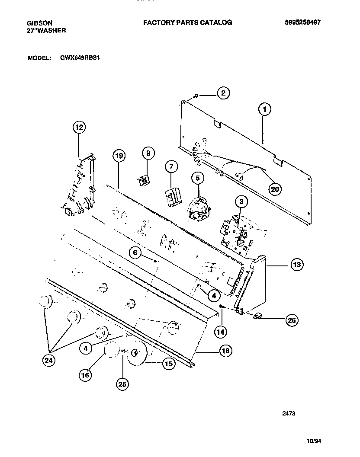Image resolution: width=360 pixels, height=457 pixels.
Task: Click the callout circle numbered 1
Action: pyautogui.click(x=265, y=110)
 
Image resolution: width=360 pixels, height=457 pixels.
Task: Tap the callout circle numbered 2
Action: pyautogui.click(x=223, y=93)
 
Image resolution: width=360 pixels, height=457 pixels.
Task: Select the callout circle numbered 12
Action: pyautogui.click(x=79, y=127)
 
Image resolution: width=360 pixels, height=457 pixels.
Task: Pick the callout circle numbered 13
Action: pyautogui.click(x=296, y=264)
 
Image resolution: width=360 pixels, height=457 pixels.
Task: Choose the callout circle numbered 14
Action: pyautogui.click(x=221, y=332)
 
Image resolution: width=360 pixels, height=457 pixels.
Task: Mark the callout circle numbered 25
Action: pyautogui.click(x=123, y=383)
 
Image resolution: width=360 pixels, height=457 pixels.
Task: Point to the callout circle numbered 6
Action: pyautogui.click(x=135, y=253)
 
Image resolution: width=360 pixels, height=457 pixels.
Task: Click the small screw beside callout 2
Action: pyautogui.click(x=196, y=96)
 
